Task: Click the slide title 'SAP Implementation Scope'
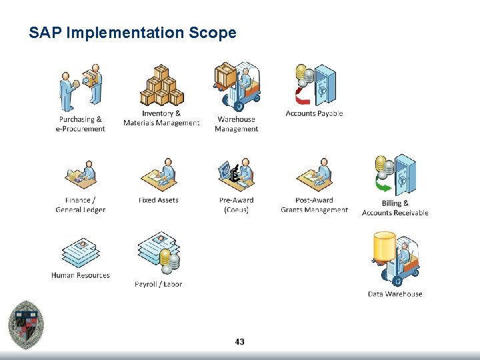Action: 133,33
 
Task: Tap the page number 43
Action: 240,342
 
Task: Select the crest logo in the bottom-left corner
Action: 27,324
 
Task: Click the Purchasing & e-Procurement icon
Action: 80,87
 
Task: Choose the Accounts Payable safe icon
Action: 315,85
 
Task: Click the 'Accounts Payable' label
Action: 314,113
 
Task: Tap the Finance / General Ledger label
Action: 80,205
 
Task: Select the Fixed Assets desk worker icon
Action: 159,175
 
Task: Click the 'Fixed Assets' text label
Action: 158,200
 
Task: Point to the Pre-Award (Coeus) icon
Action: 237,175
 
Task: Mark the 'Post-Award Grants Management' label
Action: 315,205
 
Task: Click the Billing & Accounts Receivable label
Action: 395,208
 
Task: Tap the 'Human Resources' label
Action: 81,275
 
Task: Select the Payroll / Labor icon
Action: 159,254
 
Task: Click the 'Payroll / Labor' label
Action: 158,284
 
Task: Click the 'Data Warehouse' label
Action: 395,294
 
